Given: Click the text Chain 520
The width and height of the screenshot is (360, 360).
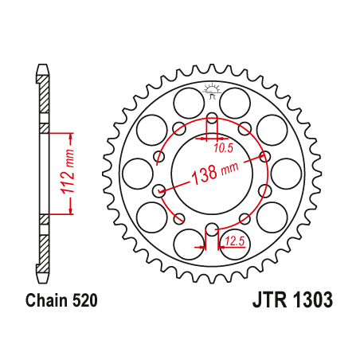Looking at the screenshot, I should point(61,302).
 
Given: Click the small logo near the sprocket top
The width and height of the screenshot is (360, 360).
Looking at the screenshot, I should point(212,89).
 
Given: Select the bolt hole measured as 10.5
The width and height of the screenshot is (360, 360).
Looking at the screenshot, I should point(212,121).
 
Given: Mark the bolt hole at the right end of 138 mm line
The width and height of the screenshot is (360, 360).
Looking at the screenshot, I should point(265,156).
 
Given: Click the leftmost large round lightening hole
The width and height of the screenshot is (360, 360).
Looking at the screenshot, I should point(135,172).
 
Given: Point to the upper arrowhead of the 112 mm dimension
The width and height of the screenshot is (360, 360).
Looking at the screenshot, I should point(72,133).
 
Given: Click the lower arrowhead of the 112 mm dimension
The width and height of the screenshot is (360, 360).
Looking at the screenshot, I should point(72,211).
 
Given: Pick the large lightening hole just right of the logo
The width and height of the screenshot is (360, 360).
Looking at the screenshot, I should point(235,101).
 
